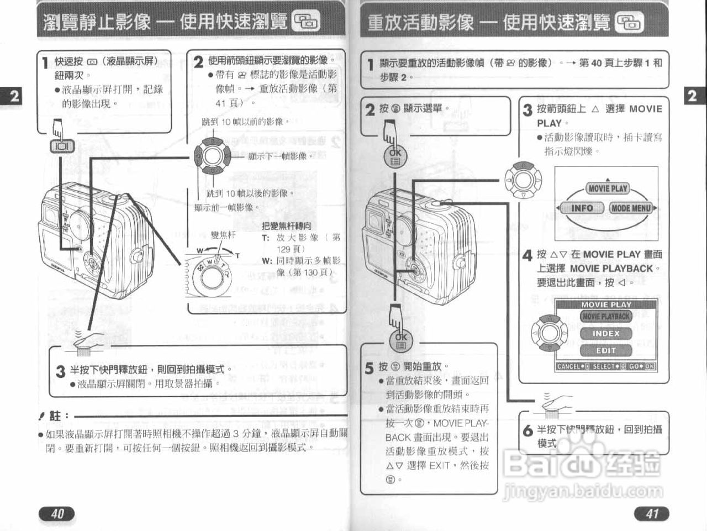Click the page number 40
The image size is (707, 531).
pyautogui.click(x=57, y=514)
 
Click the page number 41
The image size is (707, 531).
pyautogui.click(x=652, y=514)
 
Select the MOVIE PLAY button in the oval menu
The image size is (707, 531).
pyautogui.click(x=607, y=188)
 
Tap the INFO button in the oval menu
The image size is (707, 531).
pyautogui.click(x=582, y=208)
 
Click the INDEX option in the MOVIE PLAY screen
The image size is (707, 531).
pyautogui.click(x=606, y=334)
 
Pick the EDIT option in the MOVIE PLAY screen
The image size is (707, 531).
pyautogui.click(x=606, y=350)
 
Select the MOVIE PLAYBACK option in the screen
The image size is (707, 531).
pyautogui.click(x=606, y=317)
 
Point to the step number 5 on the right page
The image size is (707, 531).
pyautogui.click(x=369, y=367)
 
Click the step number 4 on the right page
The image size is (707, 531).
pyautogui.click(x=527, y=255)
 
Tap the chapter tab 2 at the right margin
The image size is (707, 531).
pyautogui.click(x=692, y=96)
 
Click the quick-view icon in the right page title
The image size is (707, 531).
pyautogui.click(x=629, y=22)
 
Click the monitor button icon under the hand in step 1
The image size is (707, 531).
pyautogui.click(x=59, y=146)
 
